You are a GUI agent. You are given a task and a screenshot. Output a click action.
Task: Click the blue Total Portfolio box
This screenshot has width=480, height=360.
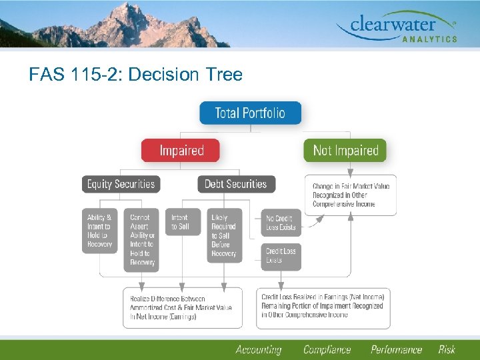pyautogui.click(x=250, y=113)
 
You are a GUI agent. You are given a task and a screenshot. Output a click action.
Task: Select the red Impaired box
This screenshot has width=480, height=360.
pyautogui.click(x=181, y=150)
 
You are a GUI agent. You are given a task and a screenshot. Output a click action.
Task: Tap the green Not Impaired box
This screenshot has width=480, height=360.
pyautogui.click(x=345, y=150)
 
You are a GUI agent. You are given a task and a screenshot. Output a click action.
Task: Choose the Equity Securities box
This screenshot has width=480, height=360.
pyautogui.click(x=121, y=184)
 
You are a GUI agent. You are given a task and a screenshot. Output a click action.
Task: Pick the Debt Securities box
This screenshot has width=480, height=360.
pyautogui.click(x=235, y=184)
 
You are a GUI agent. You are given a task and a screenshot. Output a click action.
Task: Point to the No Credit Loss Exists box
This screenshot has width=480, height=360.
pyautogui.click(x=281, y=223)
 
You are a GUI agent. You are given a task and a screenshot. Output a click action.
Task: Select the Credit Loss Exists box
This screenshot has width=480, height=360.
pyautogui.click(x=281, y=256)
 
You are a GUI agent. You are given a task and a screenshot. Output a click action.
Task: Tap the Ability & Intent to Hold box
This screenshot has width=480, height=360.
pyautogui.click(x=100, y=231)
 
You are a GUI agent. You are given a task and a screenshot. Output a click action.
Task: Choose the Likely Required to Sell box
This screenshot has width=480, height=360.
pyautogui.click(x=224, y=235)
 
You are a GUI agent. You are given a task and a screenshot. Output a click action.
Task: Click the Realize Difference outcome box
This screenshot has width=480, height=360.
pyautogui.click(x=183, y=307)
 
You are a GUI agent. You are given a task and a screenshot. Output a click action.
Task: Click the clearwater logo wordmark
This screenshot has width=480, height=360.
pyautogui.click(x=395, y=25)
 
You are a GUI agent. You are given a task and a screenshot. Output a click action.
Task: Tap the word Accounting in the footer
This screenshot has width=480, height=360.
pyautogui.click(x=258, y=349)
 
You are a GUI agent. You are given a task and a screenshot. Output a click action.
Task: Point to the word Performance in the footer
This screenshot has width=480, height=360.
pyautogui.click(x=396, y=349)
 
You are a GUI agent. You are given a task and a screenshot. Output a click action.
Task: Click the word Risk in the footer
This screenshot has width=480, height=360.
pyautogui.click(x=447, y=349)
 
